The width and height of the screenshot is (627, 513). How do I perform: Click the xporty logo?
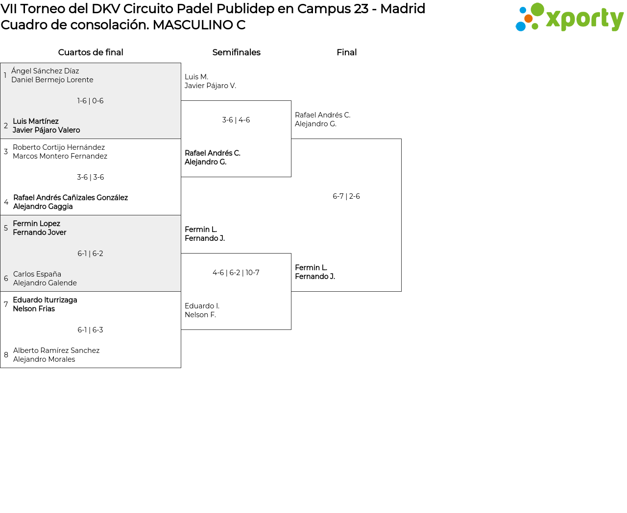point(569,18)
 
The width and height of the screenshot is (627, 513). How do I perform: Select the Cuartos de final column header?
point(91,52)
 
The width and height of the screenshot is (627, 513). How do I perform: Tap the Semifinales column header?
point(236,52)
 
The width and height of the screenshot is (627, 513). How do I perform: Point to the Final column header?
point(346,52)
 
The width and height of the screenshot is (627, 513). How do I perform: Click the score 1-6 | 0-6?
point(90,101)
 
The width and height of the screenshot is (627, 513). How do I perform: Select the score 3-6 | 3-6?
point(90,177)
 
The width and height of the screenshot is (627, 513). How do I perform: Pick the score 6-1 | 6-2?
point(90,254)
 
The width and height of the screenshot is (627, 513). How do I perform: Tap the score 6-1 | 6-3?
point(90,330)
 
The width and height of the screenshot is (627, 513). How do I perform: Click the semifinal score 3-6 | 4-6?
point(236,120)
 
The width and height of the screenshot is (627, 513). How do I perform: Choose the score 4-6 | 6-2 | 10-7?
point(236,273)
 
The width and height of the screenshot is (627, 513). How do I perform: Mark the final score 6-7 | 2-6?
point(346,196)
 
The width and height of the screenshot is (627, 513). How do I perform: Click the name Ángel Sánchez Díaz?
point(45,71)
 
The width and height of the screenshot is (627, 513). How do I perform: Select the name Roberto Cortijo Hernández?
point(59,147)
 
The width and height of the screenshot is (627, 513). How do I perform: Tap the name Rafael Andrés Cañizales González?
point(71,198)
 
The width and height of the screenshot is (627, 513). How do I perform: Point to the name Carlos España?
point(37,274)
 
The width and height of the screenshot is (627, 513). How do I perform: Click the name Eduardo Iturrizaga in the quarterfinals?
point(45,300)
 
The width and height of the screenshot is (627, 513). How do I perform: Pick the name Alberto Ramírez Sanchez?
point(56,350)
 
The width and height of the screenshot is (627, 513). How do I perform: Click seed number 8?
point(6,355)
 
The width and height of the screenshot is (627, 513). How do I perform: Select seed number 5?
point(6,228)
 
